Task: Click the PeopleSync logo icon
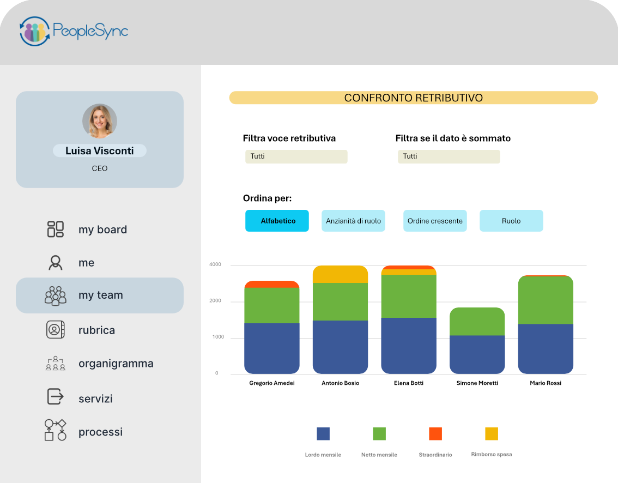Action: tap(35, 31)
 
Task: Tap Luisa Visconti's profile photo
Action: tap(100, 121)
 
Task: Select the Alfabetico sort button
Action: tap(277, 221)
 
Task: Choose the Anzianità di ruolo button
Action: tap(354, 221)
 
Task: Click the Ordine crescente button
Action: tap(435, 221)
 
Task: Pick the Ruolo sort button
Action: tap(511, 221)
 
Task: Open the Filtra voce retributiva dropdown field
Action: tap(296, 156)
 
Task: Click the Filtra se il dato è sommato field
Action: tap(449, 156)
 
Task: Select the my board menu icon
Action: tap(56, 229)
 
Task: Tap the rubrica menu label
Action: tap(96, 330)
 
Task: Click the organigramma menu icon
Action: tap(56, 363)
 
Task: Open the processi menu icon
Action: tap(55, 430)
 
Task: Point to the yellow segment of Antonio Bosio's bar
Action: tap(340, 274)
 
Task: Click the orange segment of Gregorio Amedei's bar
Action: tap(272, 284)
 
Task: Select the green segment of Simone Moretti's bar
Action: tap(477, 321)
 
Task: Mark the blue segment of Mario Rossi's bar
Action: tap(546, 349)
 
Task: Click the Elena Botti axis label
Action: tap(409, 383)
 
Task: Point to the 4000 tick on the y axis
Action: tap(215, 264)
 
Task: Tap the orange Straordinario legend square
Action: tap(435, 434)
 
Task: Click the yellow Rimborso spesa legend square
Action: tap(492, 434)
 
